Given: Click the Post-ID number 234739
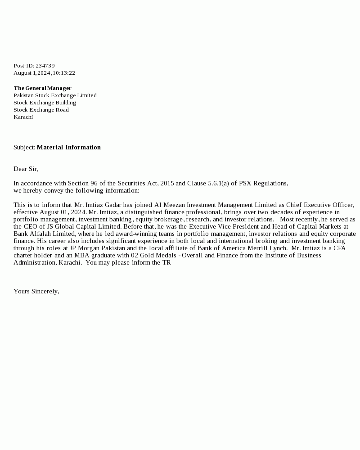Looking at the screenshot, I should tap(45, 66).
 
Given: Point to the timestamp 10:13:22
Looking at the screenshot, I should tap(64, 73).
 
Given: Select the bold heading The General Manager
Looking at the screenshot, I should tap(42, 88).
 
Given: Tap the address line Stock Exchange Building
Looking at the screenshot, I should tap(45, 103).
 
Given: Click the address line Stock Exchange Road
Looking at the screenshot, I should tap(41, 110).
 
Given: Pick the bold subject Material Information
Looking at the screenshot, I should tap(69, 147).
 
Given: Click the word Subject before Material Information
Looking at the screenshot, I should tap(24, 147).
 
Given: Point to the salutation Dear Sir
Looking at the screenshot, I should tap(26, 169).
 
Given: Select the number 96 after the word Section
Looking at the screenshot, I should tap(93, 183).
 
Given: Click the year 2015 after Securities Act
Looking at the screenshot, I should tap(166, 183).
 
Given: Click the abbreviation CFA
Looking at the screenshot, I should tap(339, 248).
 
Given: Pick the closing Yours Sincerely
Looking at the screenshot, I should tap(36, 291).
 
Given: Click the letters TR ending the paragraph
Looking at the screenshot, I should tap(166, 262).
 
